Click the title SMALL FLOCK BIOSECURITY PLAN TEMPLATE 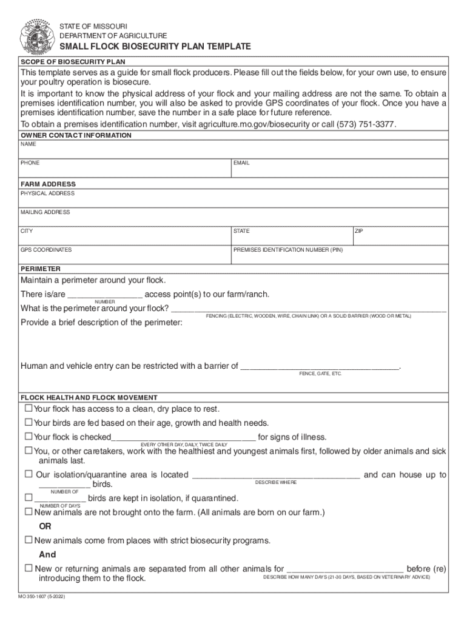tap(155, 47)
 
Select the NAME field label tap(29, 144)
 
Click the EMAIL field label tap(241, 163)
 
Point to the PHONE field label tap(30, 163)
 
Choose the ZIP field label tap(359, 231)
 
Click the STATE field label tap(241, 231)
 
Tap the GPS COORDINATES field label tap(46, 250)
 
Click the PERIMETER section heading tap(41, 268)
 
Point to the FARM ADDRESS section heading tap(49, 184)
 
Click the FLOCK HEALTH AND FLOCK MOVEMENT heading tap(89, 397)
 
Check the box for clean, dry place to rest tap(28, 408)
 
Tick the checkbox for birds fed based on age tap(28, 422)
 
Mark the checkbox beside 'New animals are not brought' tap(28, 511)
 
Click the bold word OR tap(45, 526)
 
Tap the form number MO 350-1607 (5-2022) tap(42, 597)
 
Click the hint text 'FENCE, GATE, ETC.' tap(320, 374)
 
